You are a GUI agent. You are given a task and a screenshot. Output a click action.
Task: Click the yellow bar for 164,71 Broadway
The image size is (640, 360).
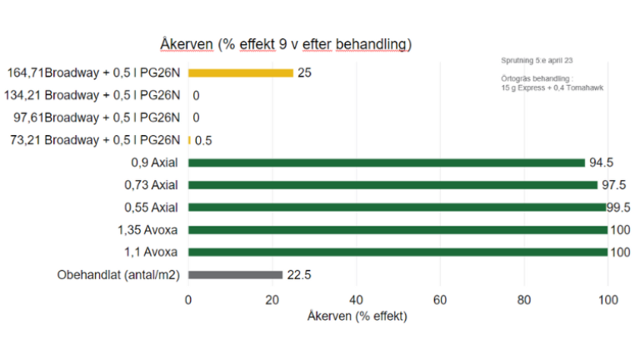click(x=241, y=73)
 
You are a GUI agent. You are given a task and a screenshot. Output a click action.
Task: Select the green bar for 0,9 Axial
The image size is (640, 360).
click(x=387, y=162)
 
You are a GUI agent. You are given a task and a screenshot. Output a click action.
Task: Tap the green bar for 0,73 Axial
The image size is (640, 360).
click(x=392, y=185)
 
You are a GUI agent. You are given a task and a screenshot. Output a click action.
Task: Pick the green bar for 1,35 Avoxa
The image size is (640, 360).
click(x=398, y=230)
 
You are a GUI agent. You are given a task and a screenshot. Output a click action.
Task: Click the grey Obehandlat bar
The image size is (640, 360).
click(x=235, y=275)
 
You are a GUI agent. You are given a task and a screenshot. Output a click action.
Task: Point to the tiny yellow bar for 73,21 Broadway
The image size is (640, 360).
click(x=189, y=140)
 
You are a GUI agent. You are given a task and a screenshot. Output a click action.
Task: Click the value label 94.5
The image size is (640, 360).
click(x=601, y=162)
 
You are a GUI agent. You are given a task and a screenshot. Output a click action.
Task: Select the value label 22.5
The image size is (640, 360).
click(x=299, y=275)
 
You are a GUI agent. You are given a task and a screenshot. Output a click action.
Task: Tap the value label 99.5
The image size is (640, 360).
click(x=618, y=207)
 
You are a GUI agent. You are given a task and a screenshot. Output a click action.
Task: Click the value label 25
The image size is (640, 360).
click(x=304, y=73)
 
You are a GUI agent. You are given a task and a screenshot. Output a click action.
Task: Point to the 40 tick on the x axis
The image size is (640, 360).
click(x=357, y=300)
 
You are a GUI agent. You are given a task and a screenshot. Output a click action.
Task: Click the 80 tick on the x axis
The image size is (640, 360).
click(x=524, y=300)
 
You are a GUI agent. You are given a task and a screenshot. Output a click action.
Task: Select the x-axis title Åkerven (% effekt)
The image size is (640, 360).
click(x=357, y=317)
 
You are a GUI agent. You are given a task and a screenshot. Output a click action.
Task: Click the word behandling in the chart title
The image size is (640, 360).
click(x=373, y=44)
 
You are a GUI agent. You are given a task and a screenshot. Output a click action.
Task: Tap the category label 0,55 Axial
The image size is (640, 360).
click(x=151, y=207)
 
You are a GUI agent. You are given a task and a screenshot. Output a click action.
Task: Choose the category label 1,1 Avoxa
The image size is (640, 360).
click(x=151, y=252)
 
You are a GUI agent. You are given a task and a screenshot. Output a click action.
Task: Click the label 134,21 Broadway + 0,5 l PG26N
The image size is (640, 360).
click(x=92, y=96)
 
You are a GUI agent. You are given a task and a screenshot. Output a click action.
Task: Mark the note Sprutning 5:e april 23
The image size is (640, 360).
click(x=537, y=60)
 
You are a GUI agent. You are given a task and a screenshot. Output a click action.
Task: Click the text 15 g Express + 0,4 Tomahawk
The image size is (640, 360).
click(x=552, y=87)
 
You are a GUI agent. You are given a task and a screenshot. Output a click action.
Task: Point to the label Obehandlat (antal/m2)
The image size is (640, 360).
click(x=118, y=275)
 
